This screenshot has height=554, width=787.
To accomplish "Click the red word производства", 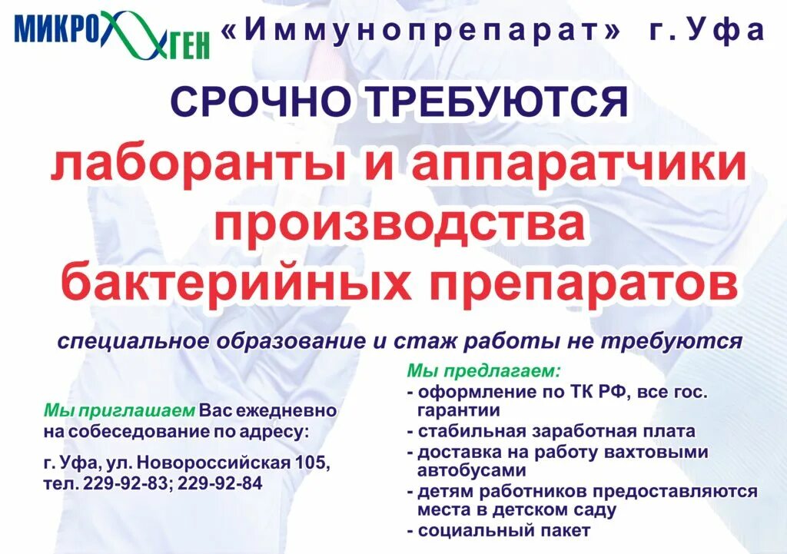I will click(400, 224).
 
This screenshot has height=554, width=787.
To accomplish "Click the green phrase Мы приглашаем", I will click(121, 411).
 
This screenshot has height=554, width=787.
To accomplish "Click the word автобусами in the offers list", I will click(471, 470).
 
